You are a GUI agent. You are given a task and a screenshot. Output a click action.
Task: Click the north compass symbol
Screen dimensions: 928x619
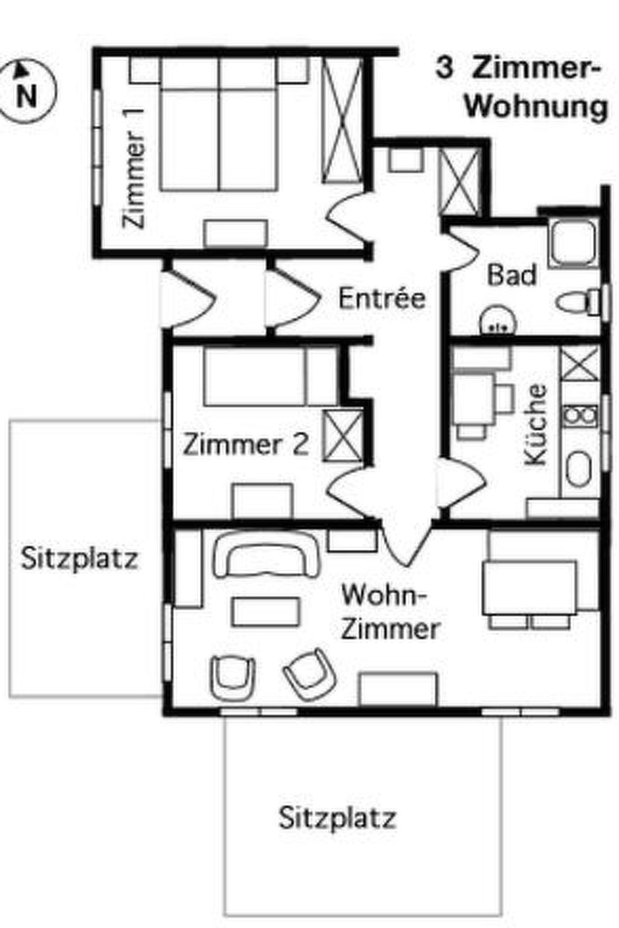coord(27,91)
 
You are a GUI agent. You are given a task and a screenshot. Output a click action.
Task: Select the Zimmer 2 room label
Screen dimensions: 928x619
coord(245,445)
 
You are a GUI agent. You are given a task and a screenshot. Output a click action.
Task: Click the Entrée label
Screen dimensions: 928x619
coord(382,298)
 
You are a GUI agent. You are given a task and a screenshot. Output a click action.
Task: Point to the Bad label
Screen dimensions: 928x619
coord(512,275)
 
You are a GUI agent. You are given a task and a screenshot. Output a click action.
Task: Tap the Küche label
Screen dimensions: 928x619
coord(536,424)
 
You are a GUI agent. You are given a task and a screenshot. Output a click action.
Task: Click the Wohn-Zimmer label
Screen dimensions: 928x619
coord(390,612)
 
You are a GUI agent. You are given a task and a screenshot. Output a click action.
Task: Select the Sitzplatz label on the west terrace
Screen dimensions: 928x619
coord(79,558)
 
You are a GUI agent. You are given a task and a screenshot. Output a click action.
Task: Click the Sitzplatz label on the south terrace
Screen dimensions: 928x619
coord(337,818)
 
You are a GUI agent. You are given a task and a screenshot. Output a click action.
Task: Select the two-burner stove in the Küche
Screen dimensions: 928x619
coord(579,415)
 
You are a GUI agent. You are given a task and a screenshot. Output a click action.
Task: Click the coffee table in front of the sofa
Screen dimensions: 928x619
coord(267,611)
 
